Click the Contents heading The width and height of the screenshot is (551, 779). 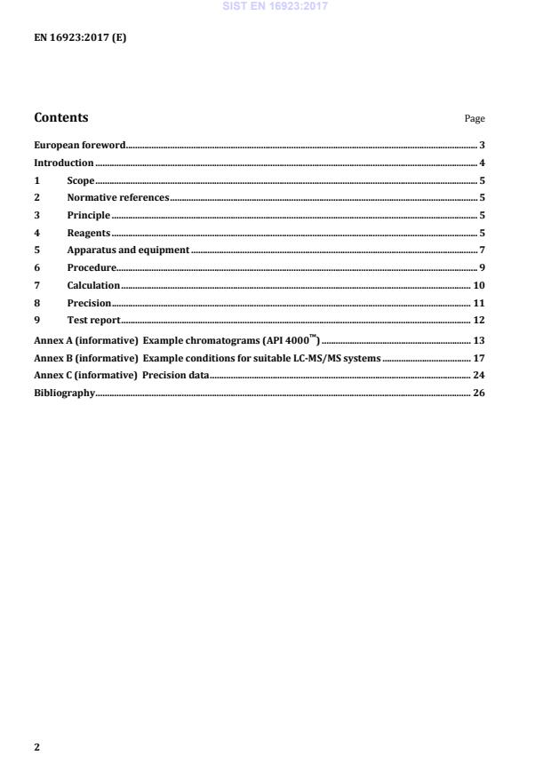coord(60,117)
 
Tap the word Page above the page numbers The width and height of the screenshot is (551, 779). coord(475,119)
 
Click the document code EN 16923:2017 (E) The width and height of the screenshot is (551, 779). coord(80,38)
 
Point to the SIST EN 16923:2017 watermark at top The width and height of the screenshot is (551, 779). coord(276,5)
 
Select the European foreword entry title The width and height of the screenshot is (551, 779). coord(79,145)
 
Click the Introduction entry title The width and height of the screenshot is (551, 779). coord(63,163)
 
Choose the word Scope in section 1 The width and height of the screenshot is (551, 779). coord(80,180)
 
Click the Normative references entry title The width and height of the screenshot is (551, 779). coord(117,197)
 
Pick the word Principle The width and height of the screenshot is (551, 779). coord(88,215)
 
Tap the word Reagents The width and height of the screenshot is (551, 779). coord(88,233)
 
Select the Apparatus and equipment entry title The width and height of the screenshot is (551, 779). coord(128,250)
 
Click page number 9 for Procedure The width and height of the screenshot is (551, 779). coord(481,267)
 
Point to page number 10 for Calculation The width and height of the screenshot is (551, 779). coord(478,285)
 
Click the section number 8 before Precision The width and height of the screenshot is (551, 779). coord(36,303)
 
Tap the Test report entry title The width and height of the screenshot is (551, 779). coord(93,320)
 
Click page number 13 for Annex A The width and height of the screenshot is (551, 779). coord(478,340)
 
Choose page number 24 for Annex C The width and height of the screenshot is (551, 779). coord(478,376)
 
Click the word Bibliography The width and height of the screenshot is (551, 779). coord(63,393)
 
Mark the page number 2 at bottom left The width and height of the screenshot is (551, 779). coord(36,747)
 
